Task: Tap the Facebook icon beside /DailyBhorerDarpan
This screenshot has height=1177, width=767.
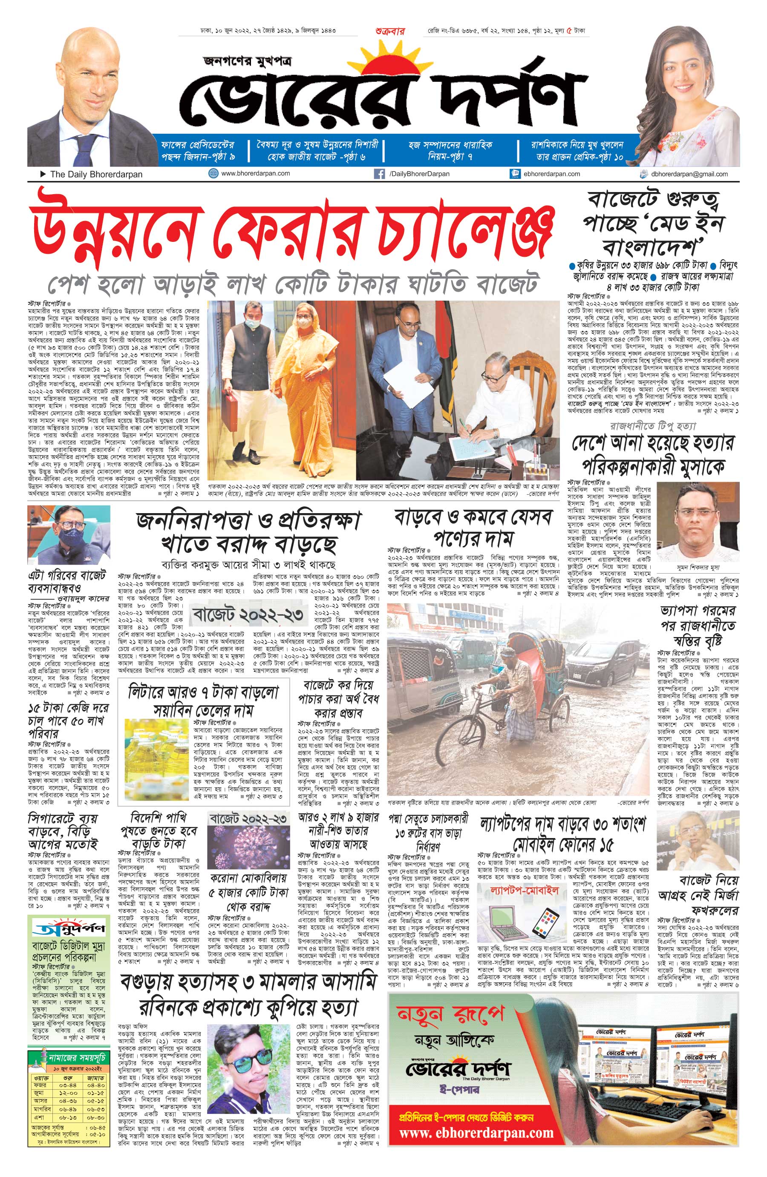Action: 380,174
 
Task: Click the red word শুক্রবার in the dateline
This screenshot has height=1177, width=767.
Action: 390,31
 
